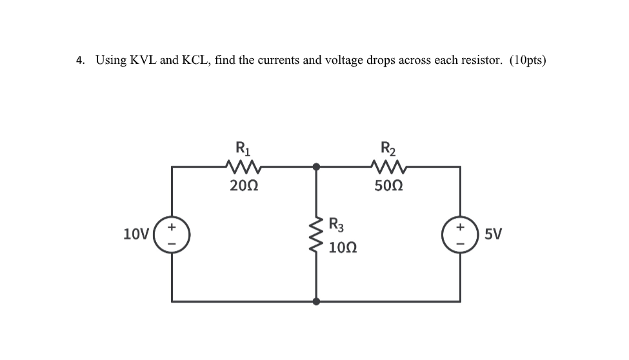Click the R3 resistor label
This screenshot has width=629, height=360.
pos(337,225)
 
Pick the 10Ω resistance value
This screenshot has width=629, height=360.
pos(342,248)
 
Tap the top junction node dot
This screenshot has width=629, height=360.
pos(316,167)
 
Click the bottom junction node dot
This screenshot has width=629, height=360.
pos(316,301)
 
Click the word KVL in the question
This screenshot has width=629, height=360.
pos(145,61)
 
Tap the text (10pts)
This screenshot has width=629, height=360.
pos(528,61)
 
